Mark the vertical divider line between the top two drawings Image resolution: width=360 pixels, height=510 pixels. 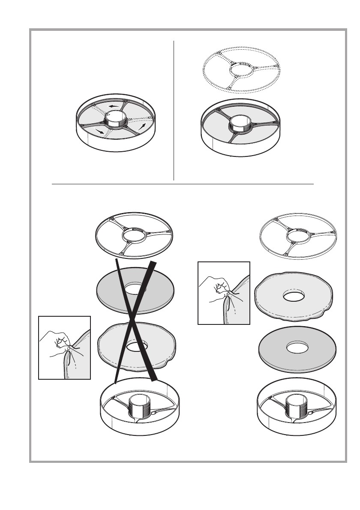click(174, 111)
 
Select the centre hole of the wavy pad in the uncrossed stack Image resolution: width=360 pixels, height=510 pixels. click(293, 296)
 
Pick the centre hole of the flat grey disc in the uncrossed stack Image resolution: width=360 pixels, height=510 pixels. click(297, 348)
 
